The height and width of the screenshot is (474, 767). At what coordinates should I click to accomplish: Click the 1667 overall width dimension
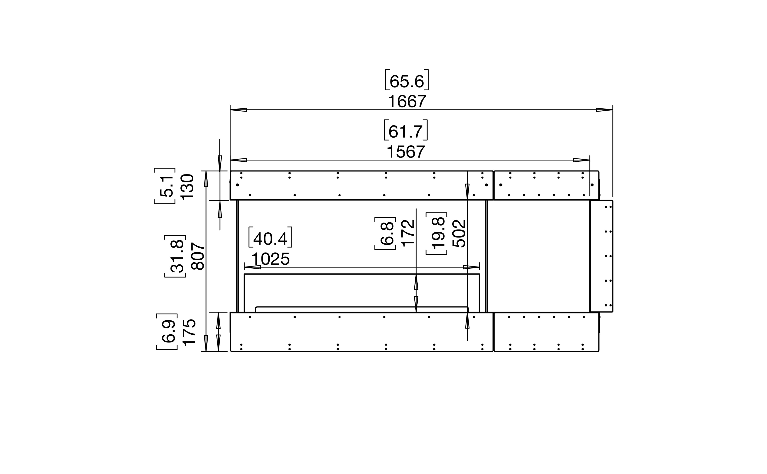(407, 102)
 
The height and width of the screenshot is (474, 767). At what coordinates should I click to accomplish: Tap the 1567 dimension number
(406, 152)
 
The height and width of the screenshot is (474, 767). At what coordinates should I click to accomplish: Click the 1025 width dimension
(271, 259)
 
